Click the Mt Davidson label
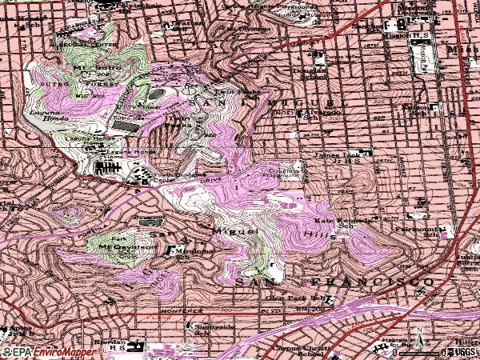click(x=114, y=248)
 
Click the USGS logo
click(x=463, y=351)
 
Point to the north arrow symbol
click(x=418, y=334)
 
